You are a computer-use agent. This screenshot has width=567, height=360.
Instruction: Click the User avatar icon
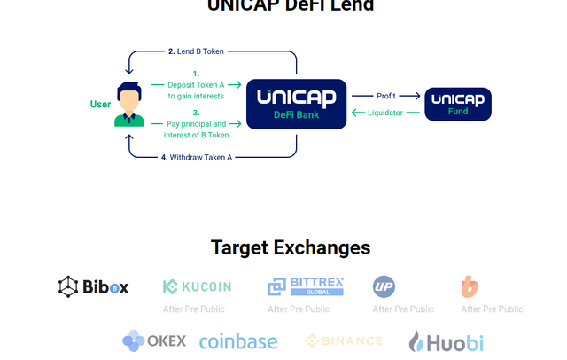click(x=129, y=105)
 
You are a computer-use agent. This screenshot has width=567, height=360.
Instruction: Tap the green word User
click(x=100, y=104)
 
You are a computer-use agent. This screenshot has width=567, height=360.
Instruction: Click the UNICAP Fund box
click(x=458, y=104)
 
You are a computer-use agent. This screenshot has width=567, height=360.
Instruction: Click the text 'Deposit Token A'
click(x=196, y=84)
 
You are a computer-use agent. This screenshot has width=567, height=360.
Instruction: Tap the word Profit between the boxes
click(x=386, y=95)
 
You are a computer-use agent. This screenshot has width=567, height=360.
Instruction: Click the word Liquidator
click(x=385, y=112)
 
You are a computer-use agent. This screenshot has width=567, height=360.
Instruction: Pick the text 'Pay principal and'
click(x=196, y=124)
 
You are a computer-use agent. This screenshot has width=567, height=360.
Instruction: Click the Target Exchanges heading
click(x=291, y=247)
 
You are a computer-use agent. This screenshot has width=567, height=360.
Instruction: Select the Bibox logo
click(x=94, y=286)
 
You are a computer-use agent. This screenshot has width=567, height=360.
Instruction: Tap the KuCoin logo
click(x=197, y=286)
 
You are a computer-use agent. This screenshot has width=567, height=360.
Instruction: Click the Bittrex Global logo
click(x=306, y=286)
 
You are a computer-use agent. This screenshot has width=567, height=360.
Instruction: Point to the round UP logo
click(x=384, y=286)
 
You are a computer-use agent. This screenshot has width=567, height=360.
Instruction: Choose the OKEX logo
click(x=155, y=340)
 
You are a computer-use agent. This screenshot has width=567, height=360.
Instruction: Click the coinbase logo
click(x=238, y=340)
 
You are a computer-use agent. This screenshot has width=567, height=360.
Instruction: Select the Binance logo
click(x=344, y=340)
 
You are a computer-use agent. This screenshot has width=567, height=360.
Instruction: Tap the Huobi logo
click(x=446, y=340)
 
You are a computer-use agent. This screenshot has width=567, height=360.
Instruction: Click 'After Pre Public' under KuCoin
click(x=194, y=309)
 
